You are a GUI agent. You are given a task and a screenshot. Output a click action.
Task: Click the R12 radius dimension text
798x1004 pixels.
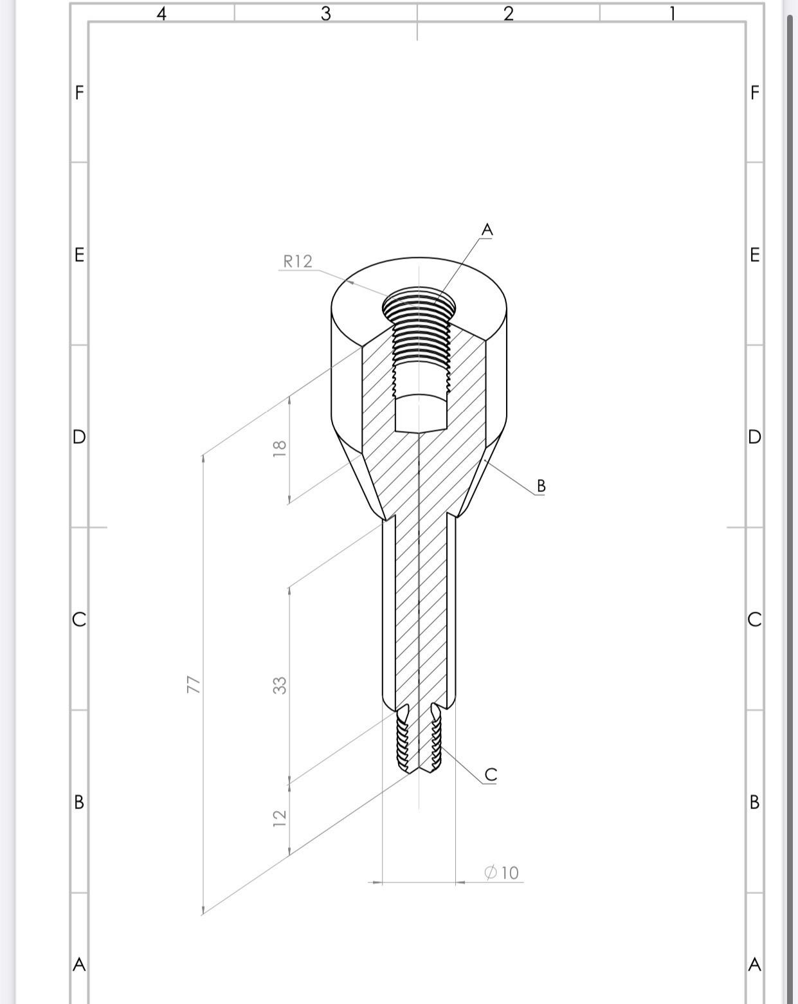click(x=298, y=261)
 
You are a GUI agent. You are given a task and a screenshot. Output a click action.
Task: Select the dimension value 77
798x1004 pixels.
click(x=193, y=684)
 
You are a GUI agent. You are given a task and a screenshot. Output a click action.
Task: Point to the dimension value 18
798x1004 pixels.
click(x=280, y=448)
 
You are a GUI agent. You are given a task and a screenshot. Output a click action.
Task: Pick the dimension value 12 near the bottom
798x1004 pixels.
click(x=280, y=818)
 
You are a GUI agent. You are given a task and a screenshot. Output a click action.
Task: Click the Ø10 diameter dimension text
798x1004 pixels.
click(x=502, y=873)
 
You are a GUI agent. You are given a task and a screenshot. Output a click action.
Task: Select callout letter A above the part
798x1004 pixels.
click(x=487, y=230)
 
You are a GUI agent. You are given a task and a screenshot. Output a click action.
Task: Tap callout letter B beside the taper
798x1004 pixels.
click(x=541, y=486)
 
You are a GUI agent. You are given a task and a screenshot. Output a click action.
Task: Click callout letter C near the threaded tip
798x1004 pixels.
click(x=491, y=775)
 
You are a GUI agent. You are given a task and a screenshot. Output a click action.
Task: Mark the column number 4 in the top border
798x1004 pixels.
click(x=162, y=14)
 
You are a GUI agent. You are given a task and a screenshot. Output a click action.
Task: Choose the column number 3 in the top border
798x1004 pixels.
click(x=325, y=14)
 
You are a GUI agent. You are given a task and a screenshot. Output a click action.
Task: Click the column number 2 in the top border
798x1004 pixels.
click(x=508, y=14)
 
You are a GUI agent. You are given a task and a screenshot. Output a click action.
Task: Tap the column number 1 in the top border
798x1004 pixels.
click(x=672, y=14)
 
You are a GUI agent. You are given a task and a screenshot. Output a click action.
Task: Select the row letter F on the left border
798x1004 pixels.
click(x=79, y=93)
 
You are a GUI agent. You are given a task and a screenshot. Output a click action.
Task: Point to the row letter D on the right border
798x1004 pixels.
click(x=754, y=437)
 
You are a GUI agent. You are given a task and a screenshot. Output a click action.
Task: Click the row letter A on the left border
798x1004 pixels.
click(x=79, y=965)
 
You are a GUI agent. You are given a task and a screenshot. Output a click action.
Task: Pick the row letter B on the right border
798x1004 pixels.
click(x=754, y=802)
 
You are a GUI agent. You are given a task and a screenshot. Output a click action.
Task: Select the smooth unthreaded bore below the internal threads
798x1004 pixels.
click(x=421, y=413)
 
